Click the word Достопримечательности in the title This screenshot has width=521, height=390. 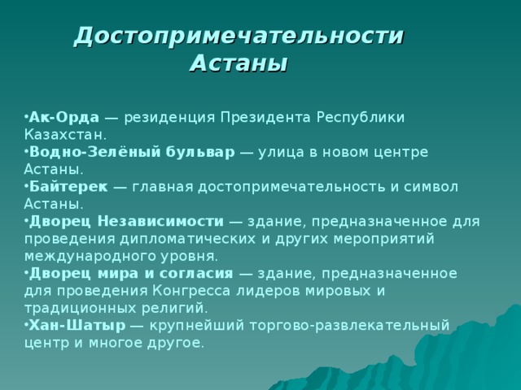[239, 36]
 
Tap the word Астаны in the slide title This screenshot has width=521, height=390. [239, 62]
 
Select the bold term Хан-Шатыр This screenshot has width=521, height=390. [77, 325]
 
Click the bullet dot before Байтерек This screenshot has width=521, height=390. [26, 187]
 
